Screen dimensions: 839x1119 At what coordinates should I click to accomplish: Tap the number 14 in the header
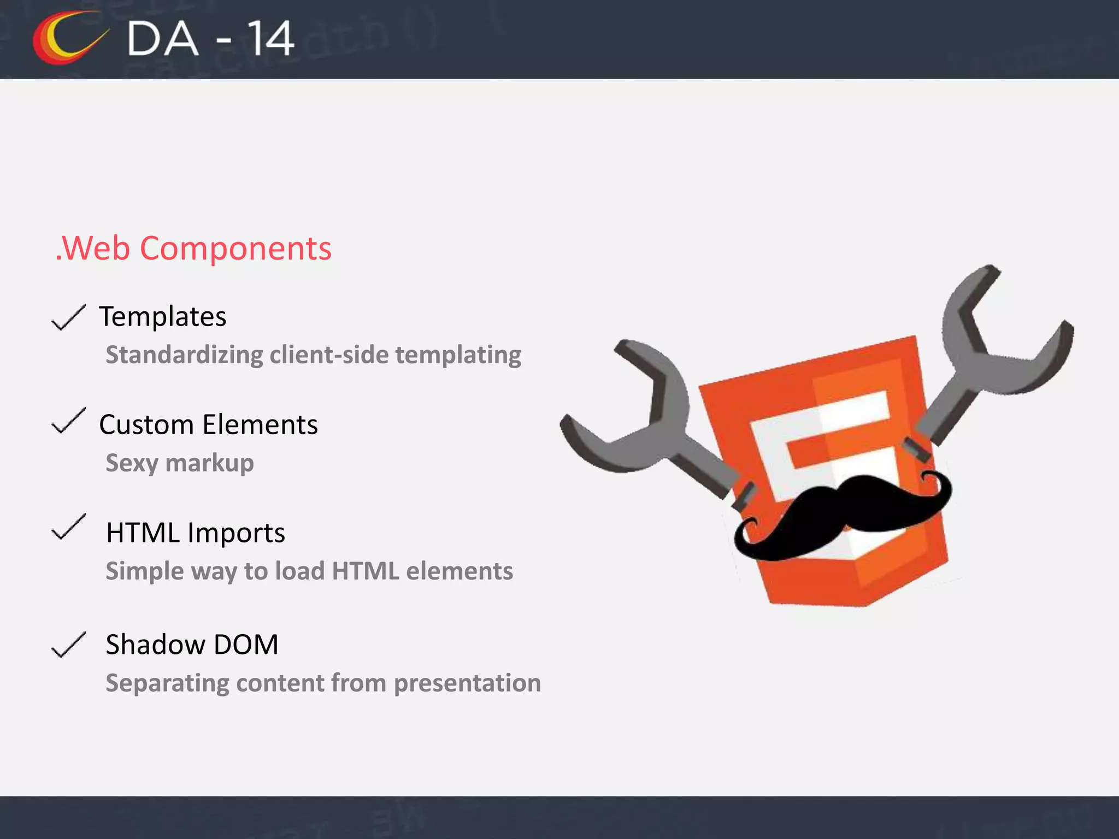coord(271,39)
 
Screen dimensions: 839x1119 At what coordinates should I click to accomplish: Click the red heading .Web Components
coord(193,249)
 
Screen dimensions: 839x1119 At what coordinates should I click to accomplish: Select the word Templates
coord(162,317)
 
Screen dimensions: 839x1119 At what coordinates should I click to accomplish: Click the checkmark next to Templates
coord(68,317)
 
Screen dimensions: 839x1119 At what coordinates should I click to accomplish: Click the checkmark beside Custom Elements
coord(68,421)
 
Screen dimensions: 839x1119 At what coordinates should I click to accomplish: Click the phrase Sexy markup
coord(180,463)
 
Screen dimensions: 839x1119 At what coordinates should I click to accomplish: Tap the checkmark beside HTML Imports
coord(68,527)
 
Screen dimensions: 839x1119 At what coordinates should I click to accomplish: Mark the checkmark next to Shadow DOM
coord(68,645)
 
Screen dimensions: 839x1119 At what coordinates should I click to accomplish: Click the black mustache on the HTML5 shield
coord(841,511)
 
